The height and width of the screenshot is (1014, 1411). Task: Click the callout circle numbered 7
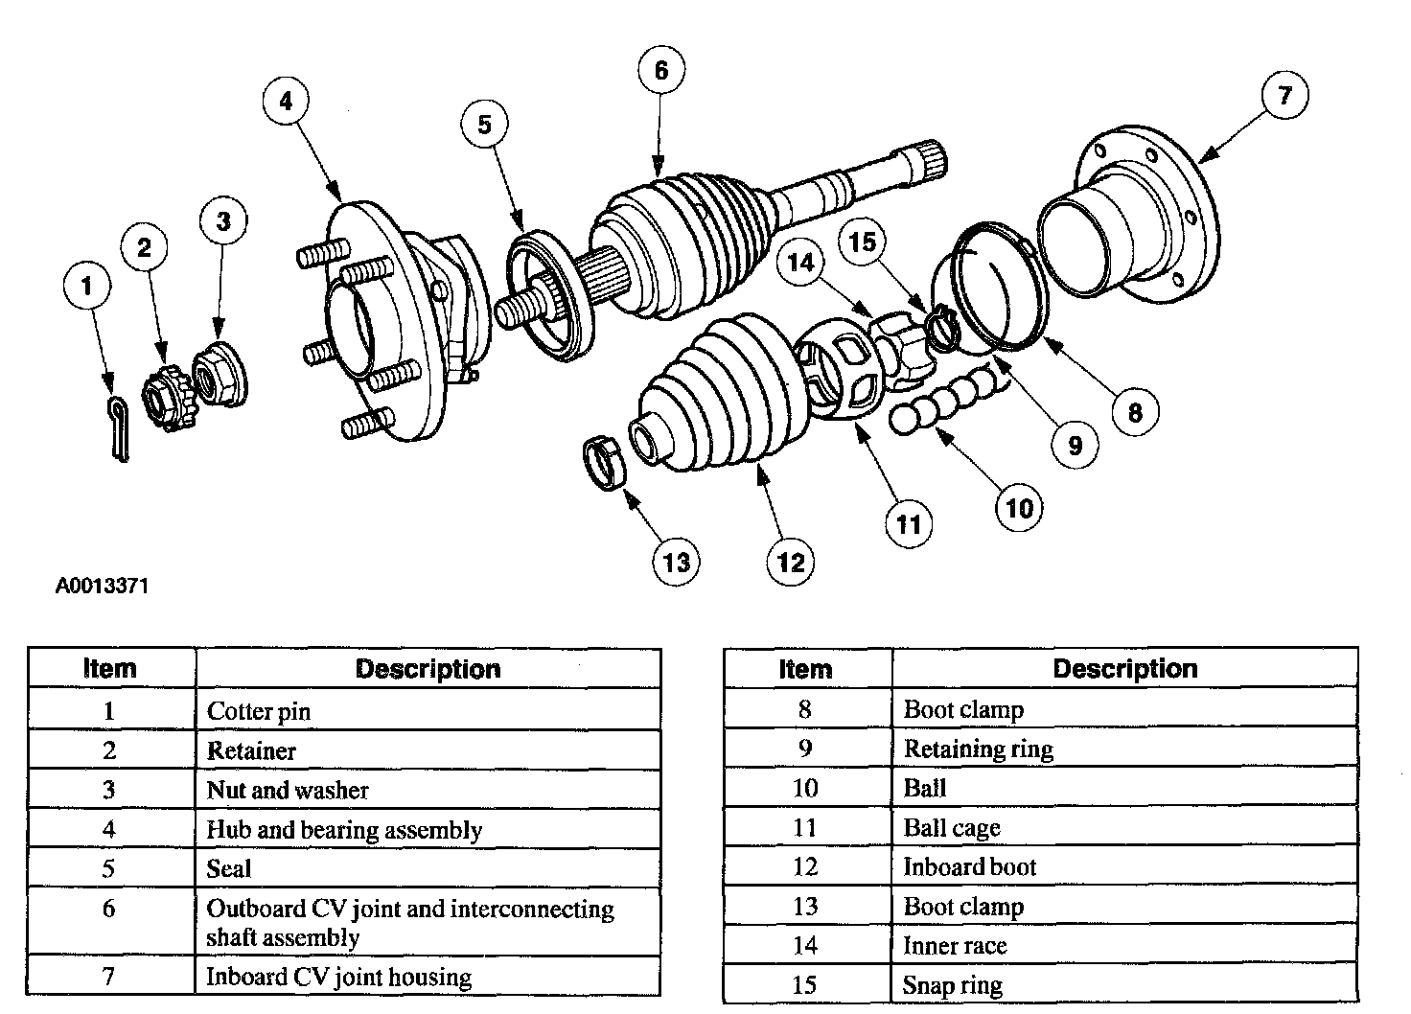coord(1284,95)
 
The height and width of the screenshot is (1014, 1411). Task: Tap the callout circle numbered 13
coord(676,562)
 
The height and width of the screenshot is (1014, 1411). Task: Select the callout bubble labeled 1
coord(87,285)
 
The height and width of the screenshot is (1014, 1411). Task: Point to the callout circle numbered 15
coord(862,242)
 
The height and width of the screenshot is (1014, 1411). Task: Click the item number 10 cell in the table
coord(805,788)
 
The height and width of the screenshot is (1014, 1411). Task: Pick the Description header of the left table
coord(428,669)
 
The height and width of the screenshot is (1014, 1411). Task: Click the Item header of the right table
coord(805,669)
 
